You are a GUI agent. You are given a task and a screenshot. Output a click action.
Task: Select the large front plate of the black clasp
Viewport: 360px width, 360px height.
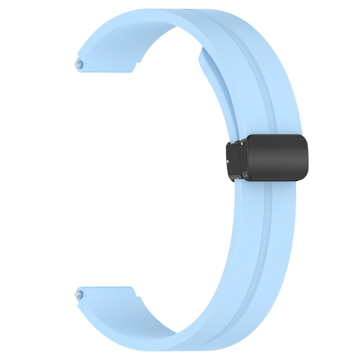[275, 157]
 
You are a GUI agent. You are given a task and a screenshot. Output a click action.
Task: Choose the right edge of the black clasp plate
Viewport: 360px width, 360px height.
[307, 157]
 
